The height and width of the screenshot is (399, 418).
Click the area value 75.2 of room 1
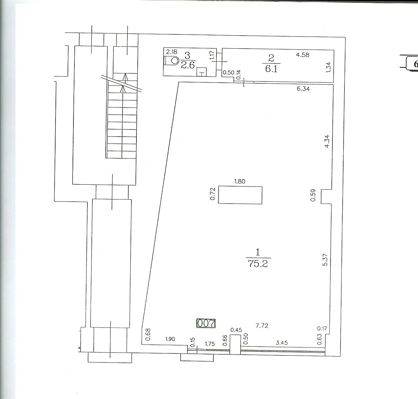click(258, 264)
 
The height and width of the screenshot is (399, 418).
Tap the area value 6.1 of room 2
click(271, 69)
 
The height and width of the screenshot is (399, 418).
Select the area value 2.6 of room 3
click(188, 65)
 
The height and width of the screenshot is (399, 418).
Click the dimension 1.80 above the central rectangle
click(240, 182)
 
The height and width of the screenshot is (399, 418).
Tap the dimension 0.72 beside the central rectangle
click(212, 194)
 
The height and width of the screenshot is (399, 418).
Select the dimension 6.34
click(303, 89)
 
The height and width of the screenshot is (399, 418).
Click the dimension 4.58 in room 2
click(303, 55)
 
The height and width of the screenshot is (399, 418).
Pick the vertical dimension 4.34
click(327, 141)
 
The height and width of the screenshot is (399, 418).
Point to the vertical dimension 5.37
click(325, 260)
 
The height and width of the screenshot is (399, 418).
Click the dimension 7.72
click(262, 326)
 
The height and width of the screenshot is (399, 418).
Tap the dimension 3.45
click(282, 343)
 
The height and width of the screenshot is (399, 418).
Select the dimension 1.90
click(170, 339)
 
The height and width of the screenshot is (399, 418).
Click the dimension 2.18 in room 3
click(172, 52)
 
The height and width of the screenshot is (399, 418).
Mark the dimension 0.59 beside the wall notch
click(313, 195)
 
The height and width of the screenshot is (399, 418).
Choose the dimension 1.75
click(210, 344)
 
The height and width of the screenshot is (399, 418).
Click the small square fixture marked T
click(202, 72)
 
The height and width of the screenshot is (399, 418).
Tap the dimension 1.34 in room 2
click(328, 67)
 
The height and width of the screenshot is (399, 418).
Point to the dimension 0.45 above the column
click(236, 330)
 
